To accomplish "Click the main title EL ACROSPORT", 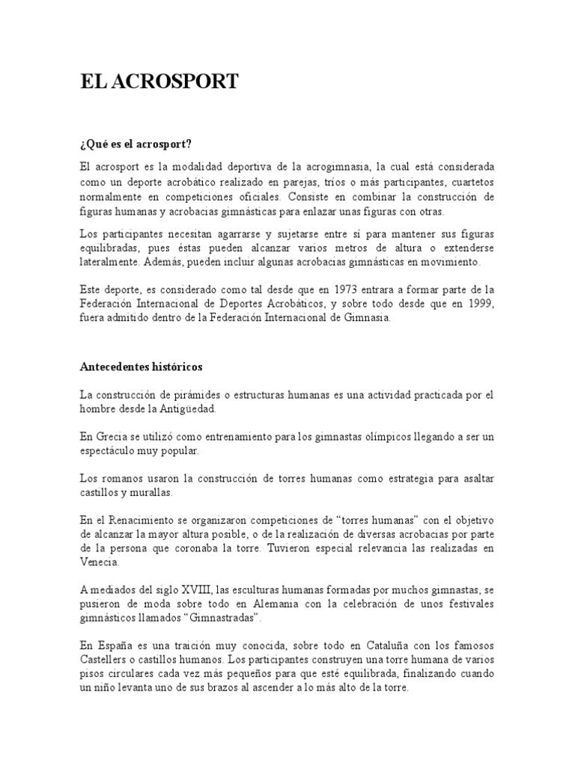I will pos(159,82).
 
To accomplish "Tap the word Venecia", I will pos(100,562).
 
